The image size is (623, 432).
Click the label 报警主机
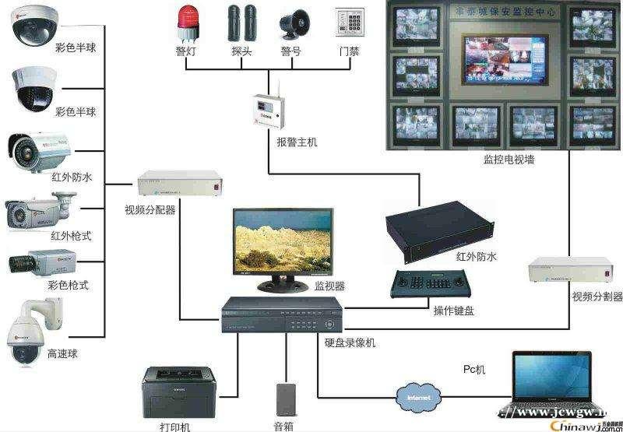pos(297,142)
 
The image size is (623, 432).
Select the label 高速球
pos(62,354)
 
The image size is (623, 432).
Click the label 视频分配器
pos(150,210)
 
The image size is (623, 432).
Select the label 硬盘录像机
pos(350,342)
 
